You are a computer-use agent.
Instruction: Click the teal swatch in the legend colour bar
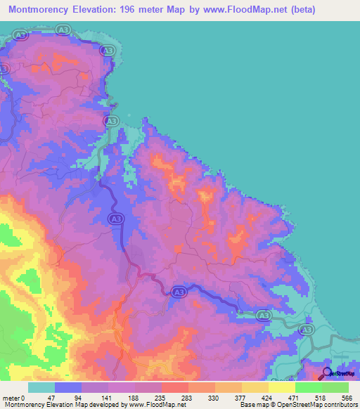tap(41, 387)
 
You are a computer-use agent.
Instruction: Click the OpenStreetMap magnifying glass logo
tap(328, 373)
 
